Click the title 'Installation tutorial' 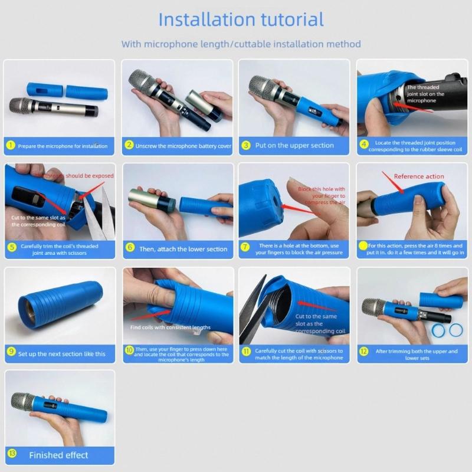pos(241,19)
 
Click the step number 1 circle pos(10,145)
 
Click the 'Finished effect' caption pos(58,455)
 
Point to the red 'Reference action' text pos(418,176)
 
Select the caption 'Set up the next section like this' pos(62,353)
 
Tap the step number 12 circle pos(363,352)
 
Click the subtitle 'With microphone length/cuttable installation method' pos(241,44)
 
